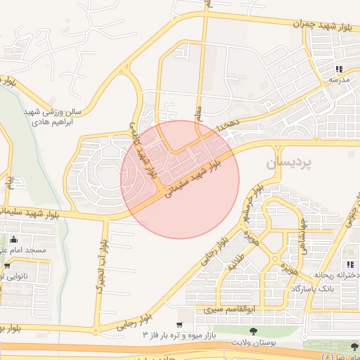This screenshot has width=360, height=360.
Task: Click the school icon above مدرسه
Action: click(339, 70)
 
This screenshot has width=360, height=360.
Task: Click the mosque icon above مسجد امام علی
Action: click(15, 238)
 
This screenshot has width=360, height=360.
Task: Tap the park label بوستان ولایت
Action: click(254, 342)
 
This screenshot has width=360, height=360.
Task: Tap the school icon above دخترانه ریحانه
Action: click(350, 263)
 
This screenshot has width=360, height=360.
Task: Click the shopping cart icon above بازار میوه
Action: click(180, 324)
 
